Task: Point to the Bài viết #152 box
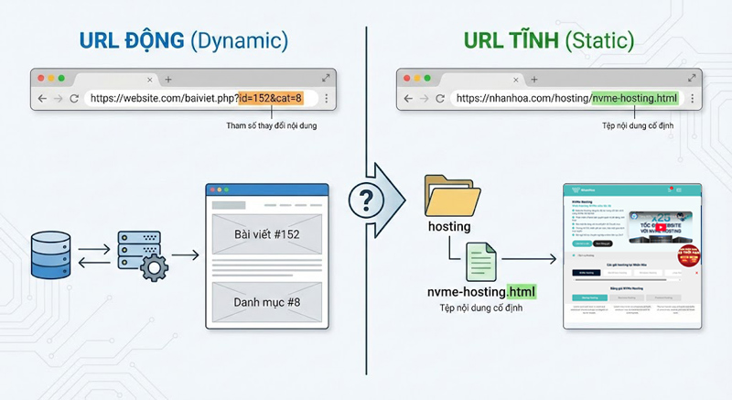pos(267,234)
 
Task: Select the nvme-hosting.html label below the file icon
pos(481,292)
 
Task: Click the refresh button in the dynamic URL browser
pos(74,98)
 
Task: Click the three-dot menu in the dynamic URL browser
pos(327,98)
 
